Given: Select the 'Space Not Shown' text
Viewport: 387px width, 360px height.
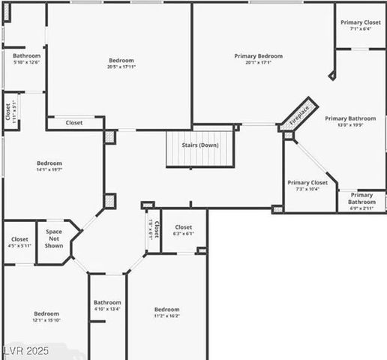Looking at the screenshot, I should (54, 238).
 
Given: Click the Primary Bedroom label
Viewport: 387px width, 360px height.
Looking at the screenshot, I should (258, 56).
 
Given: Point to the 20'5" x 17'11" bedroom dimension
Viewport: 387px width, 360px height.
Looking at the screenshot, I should (121, 67).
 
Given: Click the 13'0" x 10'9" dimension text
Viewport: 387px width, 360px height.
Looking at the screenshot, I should (350, 125).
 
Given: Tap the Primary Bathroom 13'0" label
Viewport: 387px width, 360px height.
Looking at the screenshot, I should (350, 118).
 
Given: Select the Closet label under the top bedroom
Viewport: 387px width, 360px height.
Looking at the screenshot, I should (74, 122).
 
